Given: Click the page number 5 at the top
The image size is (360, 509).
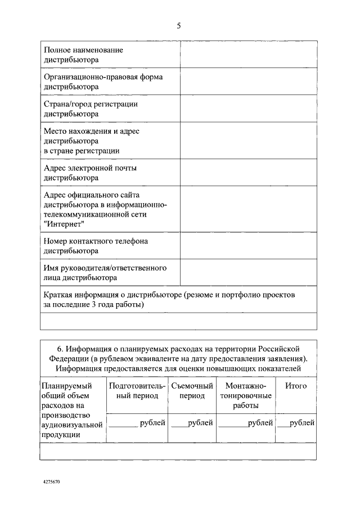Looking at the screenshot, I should (x=179, y=25).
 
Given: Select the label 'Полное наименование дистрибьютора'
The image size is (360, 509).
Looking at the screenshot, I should (x=83, y=55).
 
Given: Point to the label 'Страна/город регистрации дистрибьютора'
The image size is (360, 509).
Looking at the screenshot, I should (x=91, y=109).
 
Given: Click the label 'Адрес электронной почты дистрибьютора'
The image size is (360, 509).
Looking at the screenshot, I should (x=90, y=173).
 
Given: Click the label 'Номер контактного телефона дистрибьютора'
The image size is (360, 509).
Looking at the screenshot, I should (x=96, y=246).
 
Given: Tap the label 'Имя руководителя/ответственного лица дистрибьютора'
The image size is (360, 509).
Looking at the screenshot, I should (x=105, y=273).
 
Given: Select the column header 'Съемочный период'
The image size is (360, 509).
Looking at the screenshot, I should (x=192, y=391).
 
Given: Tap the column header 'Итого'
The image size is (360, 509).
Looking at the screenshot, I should (x=296, y=386).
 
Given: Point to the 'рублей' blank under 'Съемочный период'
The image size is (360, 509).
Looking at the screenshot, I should (x=192, y=423).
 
